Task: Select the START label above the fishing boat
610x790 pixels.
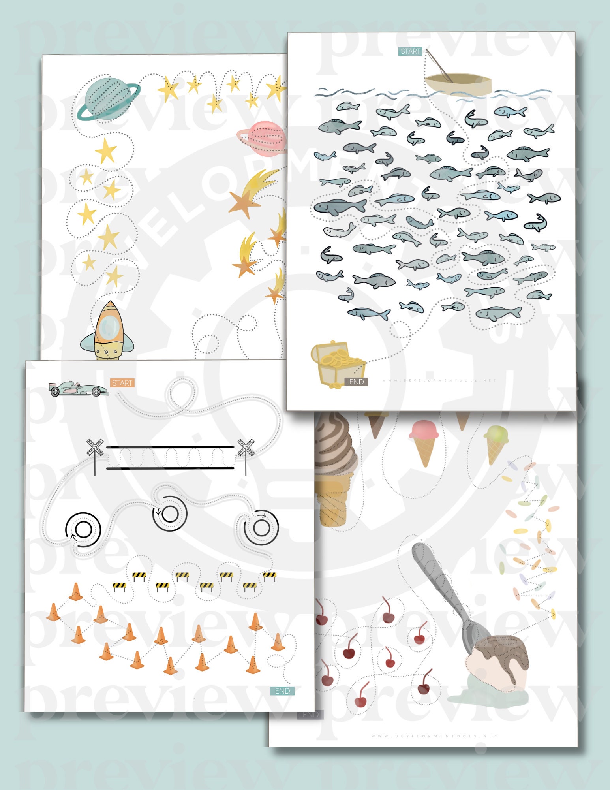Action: (410, 51)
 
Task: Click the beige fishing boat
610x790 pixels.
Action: (458, 84)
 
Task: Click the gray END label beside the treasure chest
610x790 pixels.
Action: (356, 382)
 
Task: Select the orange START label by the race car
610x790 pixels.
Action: (122, 383)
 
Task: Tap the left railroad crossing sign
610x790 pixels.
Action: (95, 447)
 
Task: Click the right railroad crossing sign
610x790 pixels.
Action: (246, 447)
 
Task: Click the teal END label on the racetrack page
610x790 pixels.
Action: (282, 691)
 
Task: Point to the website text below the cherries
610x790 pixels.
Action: (434, 736)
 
